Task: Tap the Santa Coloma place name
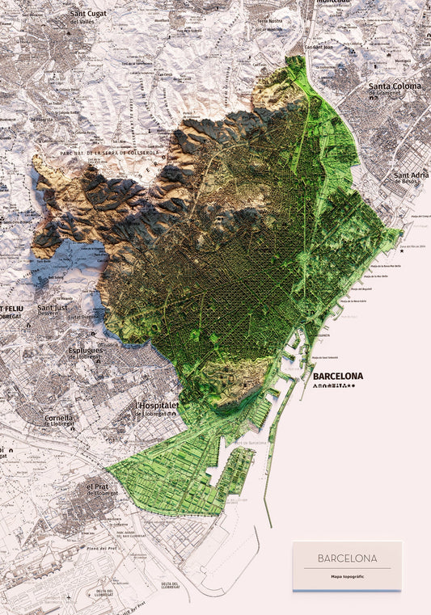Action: click(x=398, y=88)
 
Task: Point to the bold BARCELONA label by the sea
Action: click(x=337, y=376)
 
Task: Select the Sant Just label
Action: click(x=53, y=309)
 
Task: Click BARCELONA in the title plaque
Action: click(x=347, y=558)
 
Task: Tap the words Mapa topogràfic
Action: click(x=347, y=576)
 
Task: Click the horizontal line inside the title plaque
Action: click(x=347, y=568)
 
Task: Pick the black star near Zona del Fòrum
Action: click(x=402, y=251)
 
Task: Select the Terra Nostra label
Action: click(x=269, y=21)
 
